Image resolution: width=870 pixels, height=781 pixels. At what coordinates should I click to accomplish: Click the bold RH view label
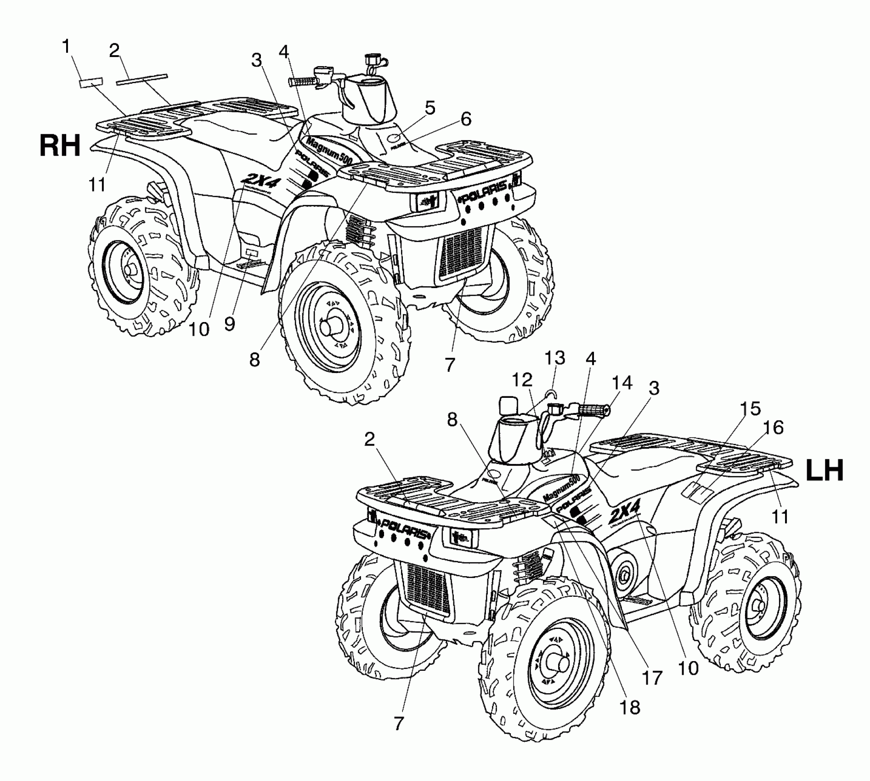(60, 147)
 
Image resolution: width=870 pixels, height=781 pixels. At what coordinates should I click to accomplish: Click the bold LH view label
(825, 471)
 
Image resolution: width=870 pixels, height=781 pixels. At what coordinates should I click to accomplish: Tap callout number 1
(67, 47)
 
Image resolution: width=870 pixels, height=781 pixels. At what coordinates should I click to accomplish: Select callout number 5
(429, 109)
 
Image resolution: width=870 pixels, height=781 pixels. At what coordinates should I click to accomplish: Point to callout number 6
(466, 119)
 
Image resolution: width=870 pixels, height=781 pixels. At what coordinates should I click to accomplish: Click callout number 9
(230, 324)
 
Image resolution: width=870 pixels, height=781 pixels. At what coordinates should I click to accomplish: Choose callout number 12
(522, 380)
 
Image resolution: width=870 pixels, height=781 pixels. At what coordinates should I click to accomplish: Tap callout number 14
(622, 383)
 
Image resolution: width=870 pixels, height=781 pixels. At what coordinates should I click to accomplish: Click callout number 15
(750, 408)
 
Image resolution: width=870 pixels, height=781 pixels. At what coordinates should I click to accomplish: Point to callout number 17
(653, 677)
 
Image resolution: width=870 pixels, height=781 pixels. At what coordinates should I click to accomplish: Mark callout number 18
(630, 707)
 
